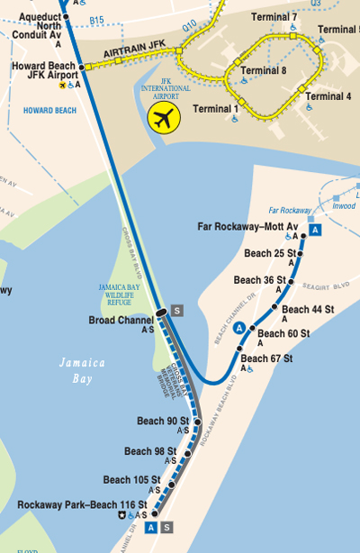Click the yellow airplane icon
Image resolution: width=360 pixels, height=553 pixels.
tap(164, 117)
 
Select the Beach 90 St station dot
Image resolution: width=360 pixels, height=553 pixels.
tap(197, 421)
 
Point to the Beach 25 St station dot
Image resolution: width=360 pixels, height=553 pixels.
tap(301, 253)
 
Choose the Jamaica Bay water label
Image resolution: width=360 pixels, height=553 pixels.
tap(83, 370)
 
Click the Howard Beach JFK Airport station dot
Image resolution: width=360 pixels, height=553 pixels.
tap(85, 67)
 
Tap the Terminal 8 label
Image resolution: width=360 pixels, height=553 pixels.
tap(264, 70)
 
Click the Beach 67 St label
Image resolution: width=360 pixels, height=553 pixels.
tap(266, 358)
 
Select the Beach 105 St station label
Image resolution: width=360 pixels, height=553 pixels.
tap(131, 479)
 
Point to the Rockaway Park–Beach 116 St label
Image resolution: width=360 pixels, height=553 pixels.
tap(68, 504)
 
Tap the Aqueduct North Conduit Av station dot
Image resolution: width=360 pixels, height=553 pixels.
tap(66, 16)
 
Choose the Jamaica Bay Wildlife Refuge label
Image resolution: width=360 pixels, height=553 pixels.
tap(120, 295)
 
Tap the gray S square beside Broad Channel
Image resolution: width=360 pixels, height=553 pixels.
tap(177, 311)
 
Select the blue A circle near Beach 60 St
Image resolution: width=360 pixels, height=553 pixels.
tap(239, 328)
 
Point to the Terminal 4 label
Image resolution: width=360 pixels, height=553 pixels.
tap(328, 96)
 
